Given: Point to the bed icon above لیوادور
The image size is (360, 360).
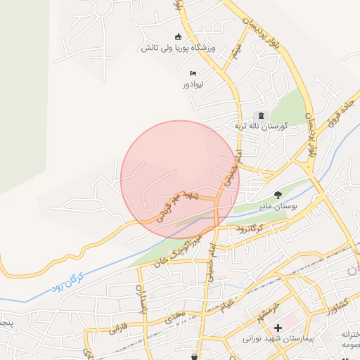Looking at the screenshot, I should (193, 73).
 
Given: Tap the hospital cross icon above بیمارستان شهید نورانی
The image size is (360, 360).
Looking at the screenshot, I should (278, 328).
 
